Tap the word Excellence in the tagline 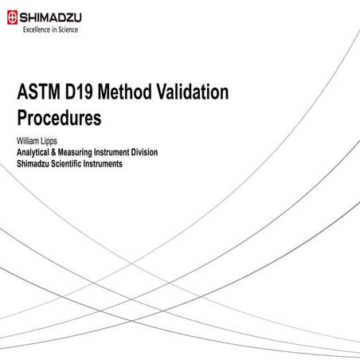[36, 30]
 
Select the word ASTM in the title [39, 93]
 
